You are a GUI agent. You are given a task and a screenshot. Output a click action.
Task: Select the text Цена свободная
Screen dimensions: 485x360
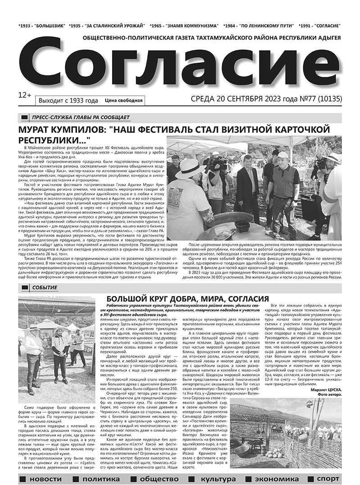123,100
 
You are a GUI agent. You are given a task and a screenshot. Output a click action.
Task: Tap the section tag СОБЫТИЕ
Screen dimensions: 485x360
45,287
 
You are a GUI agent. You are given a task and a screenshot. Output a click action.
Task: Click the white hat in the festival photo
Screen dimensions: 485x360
190,168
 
